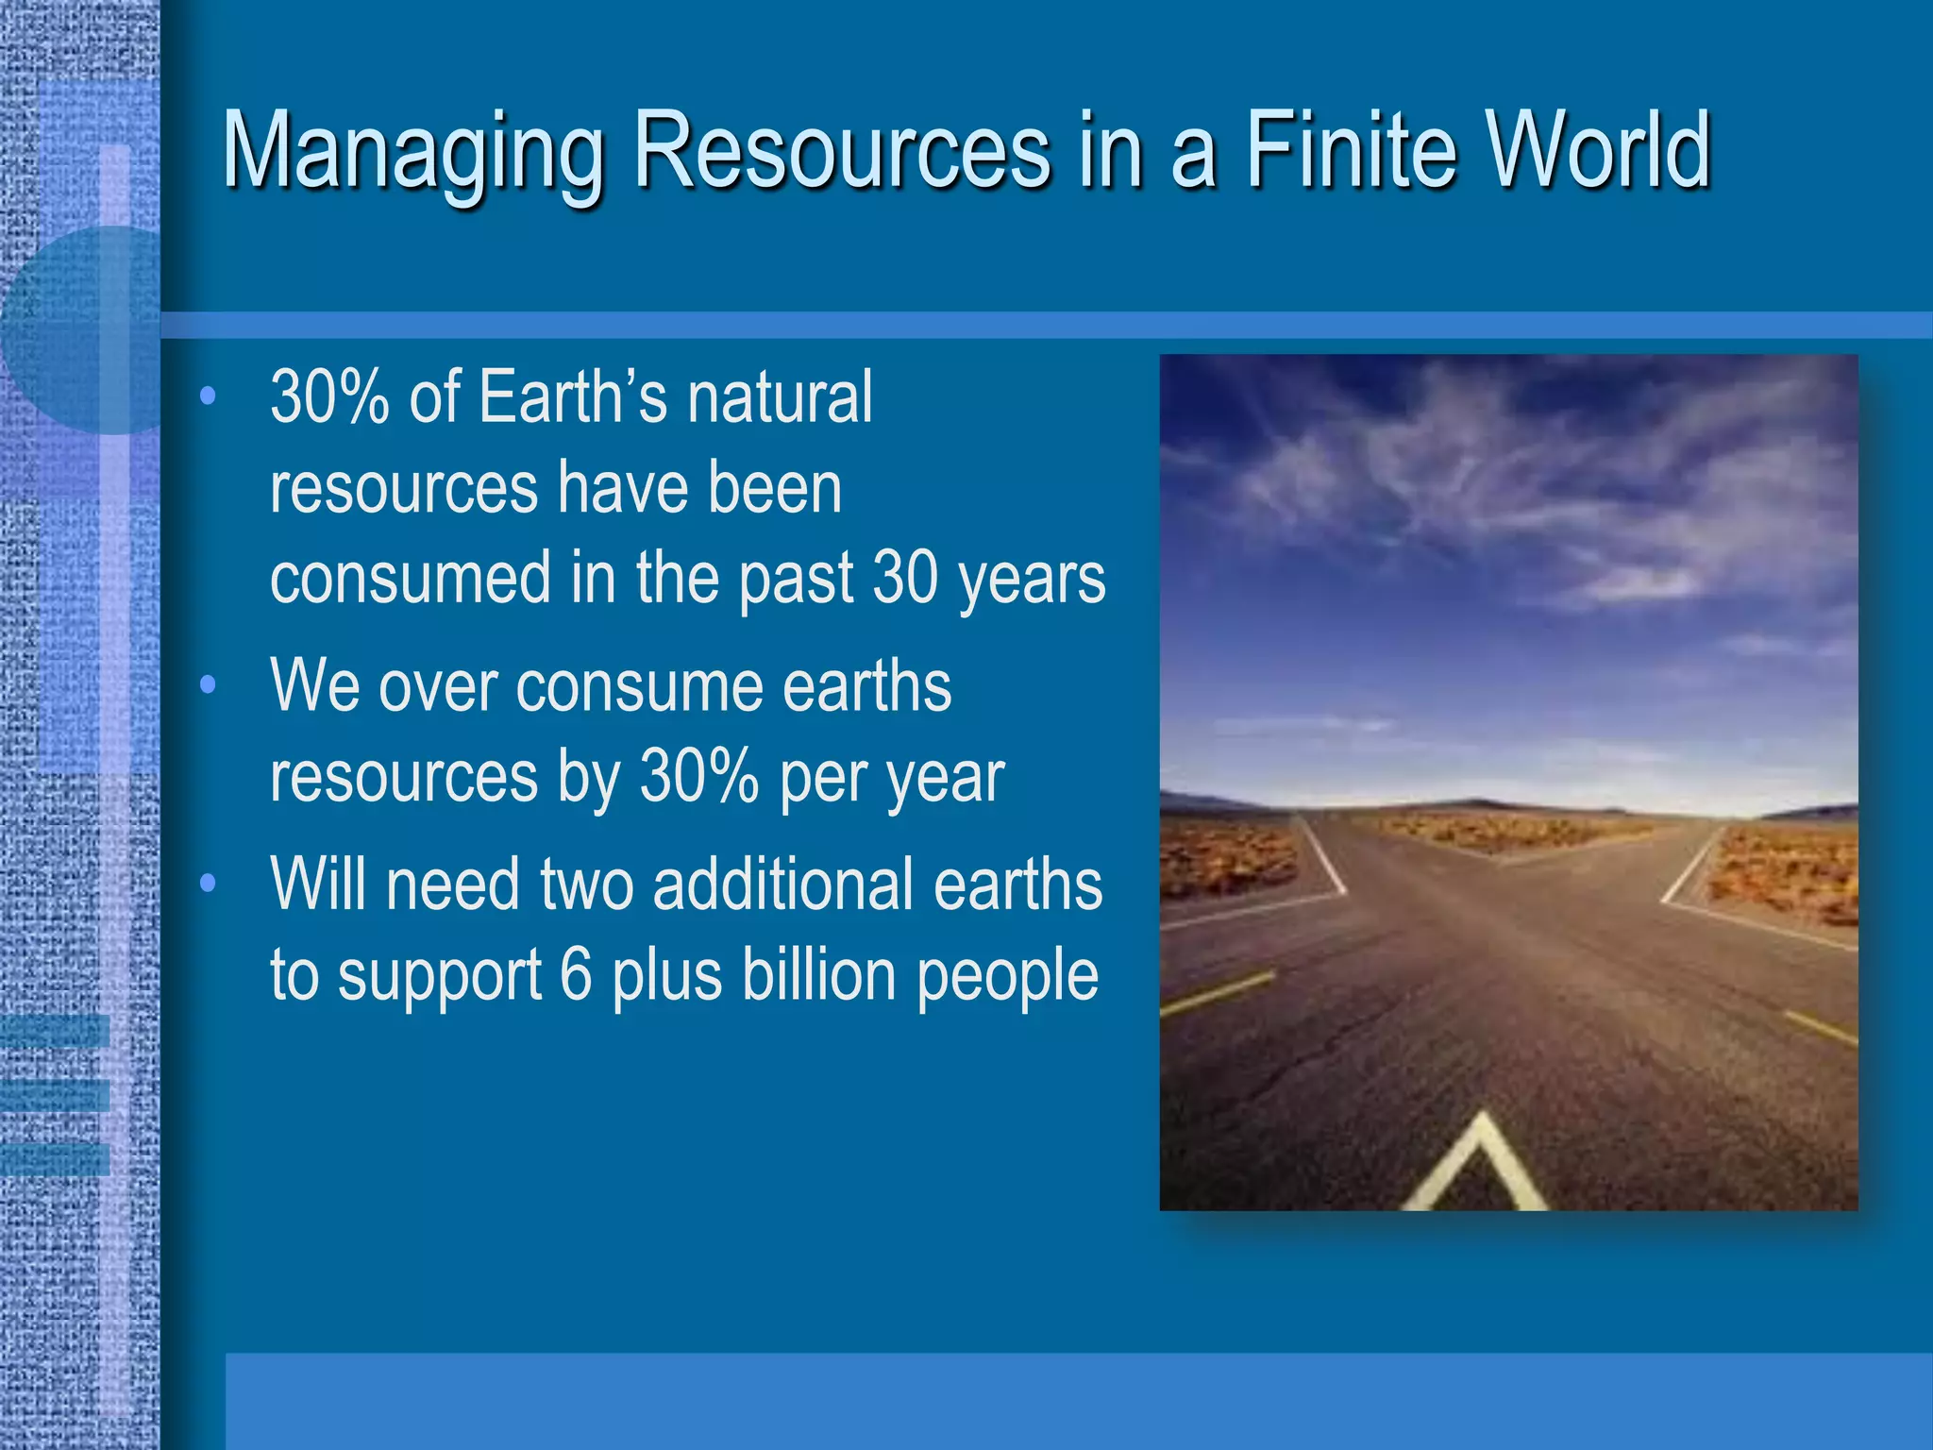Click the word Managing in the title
point(412,151)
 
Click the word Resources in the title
point(841,151)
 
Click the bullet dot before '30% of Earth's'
point(209,396)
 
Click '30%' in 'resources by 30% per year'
point(698,777)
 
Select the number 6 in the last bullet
point(575,974)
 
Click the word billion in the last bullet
point(818,974)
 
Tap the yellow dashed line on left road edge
point(1218,993)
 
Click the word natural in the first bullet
point(780,397)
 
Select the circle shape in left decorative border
point(85,330)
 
